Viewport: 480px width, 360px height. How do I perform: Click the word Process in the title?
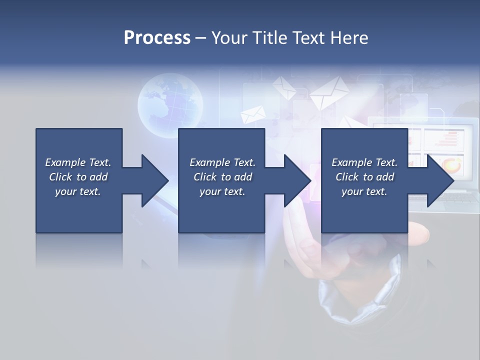pos(157,37)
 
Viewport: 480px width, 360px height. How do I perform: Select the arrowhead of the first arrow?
pos(155,180)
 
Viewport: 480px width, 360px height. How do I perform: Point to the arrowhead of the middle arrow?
pos(297,180)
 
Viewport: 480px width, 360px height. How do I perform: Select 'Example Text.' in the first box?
pos(78,162)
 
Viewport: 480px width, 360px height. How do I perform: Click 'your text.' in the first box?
pos(78,191)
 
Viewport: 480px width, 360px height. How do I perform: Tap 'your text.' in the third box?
pos(364,191)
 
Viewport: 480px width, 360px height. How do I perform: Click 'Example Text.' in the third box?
pos(364,162)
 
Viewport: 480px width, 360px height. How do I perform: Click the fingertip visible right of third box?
pos(420,231)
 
